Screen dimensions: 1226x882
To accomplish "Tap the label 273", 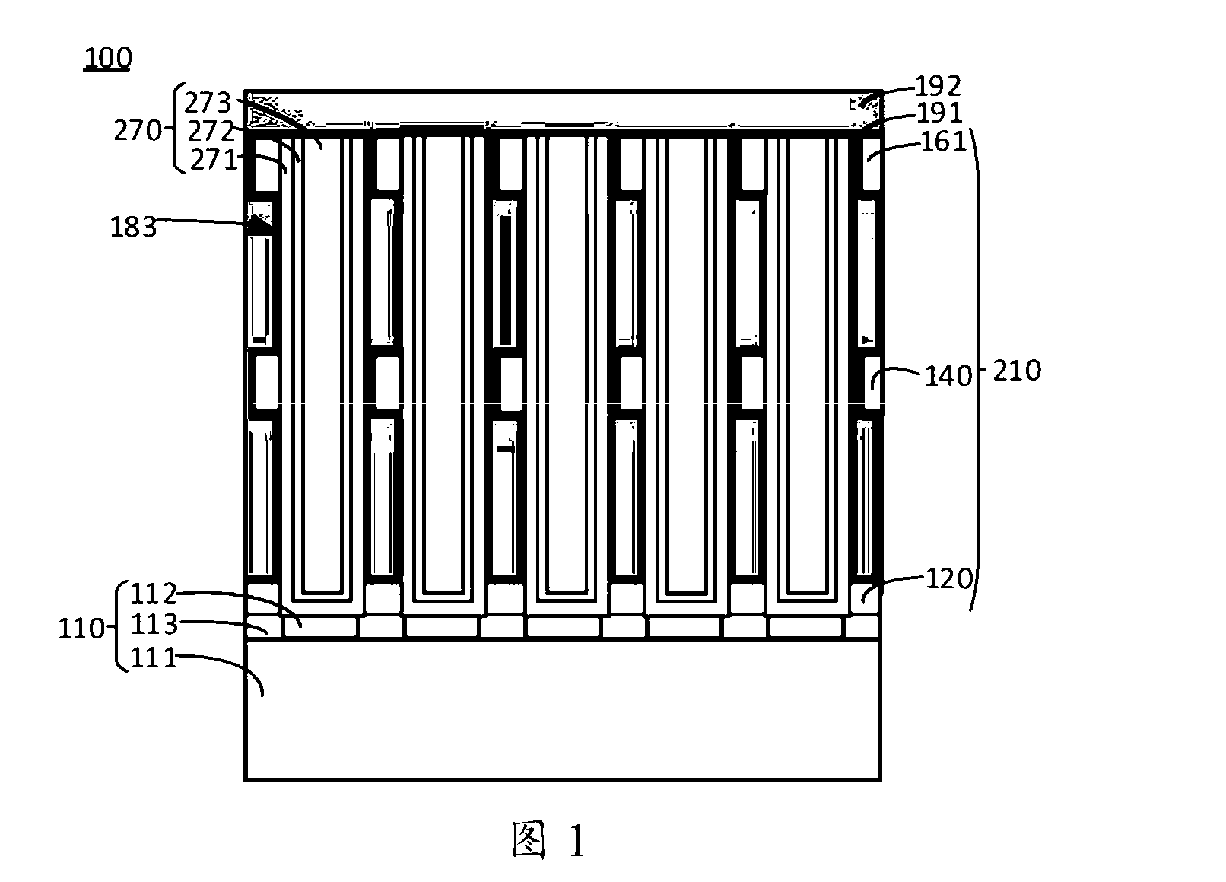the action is (208, 103).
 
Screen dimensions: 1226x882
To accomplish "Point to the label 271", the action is (213, 160).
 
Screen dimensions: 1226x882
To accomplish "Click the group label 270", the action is (138, 131).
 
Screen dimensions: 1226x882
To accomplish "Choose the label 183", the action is (134, 227).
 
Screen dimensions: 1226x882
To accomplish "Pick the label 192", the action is (938, 86).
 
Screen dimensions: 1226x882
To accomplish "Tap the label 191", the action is (939, 113).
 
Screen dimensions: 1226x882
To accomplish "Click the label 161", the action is (945, 142).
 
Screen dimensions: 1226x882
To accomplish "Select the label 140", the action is (948, 377).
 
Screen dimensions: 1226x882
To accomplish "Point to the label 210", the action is (1017, 371).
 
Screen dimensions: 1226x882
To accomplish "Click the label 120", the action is (949, 578).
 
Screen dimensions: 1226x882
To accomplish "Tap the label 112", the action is (154, 593).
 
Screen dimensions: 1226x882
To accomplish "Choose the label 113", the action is (155, 624).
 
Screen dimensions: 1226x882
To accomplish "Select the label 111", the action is (154, 658).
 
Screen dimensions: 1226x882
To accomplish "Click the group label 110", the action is (81, 629).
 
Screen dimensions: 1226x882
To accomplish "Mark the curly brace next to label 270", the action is (174, 128).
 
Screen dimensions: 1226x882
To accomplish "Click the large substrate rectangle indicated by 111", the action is (563, 710).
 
